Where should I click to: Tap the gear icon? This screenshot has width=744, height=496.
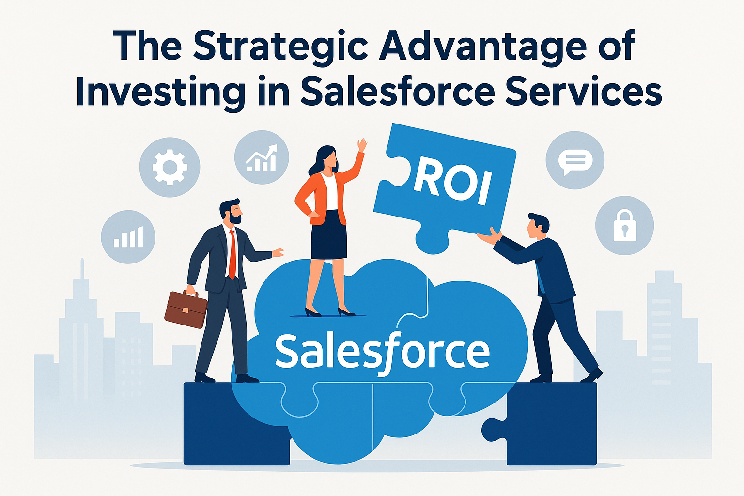click(170, 167)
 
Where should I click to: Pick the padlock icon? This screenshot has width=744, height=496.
click(625, 226)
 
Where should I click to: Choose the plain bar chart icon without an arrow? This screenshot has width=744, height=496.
click(128, 237)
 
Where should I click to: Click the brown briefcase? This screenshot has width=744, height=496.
click(186, 309)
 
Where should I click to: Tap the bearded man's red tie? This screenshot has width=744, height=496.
click(232, 254)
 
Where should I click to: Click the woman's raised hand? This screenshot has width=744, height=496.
click(362, 145)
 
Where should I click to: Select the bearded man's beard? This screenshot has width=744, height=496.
click(235, 218)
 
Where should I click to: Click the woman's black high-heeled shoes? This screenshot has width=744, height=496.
click(329, 312)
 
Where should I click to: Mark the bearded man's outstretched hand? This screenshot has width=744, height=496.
click(278, 253)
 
